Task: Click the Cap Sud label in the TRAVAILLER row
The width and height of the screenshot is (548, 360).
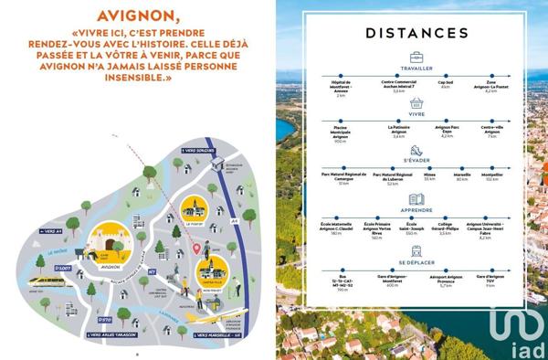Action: (446, 84)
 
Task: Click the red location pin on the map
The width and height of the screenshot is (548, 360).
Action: (195, 247)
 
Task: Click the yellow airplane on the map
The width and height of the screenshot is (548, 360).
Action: (215, 317)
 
